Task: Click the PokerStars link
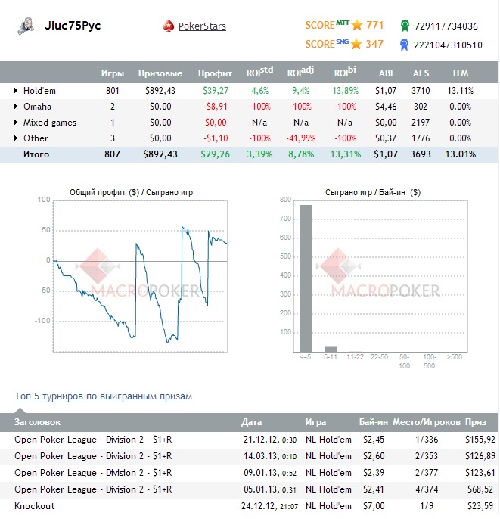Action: tap(202, 26)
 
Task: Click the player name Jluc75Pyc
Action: tap(73, 26)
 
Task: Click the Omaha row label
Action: tap(38, 107)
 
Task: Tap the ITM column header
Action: tap(460, 73)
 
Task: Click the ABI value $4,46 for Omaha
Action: tap(385, 107)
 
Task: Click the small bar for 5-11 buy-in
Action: tap(331, 349)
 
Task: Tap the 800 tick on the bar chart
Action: tap(285, 200)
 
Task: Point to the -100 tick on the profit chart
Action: tap(42, 321)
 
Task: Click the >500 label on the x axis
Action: tap(454, 356)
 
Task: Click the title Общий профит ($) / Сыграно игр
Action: tap(131, 192)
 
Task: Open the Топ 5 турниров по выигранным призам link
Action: tap(104, 396)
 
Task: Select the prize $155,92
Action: tap(481, 440)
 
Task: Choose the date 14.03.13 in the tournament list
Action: tap(259, 456)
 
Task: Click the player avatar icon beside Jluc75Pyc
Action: tap(25, 26)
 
